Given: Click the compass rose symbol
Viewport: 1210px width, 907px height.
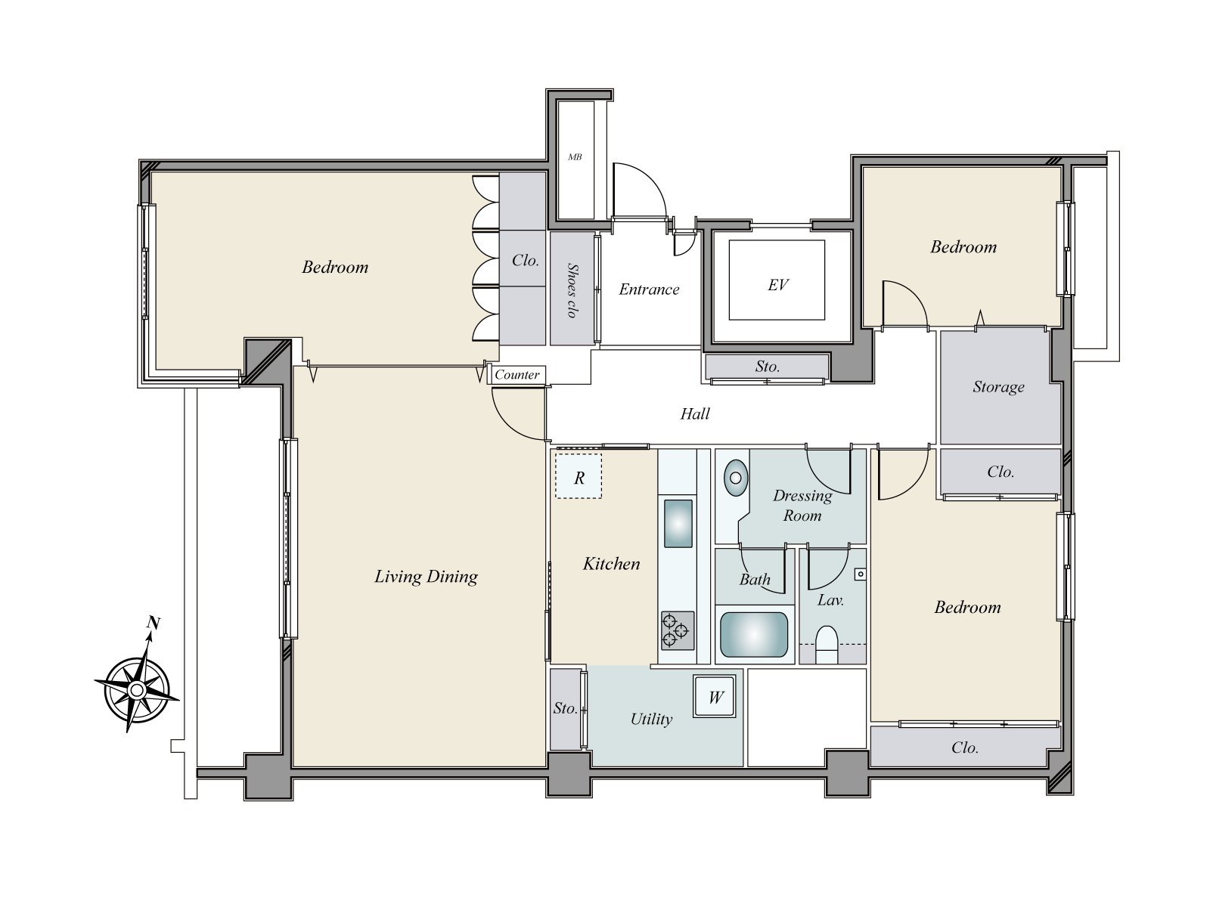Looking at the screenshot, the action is [138, 689].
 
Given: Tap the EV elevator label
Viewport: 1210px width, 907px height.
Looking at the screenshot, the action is [778, 285].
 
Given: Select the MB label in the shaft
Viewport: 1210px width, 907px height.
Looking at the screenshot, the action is [575, 157].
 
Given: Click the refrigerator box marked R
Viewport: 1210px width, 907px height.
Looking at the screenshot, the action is [579, 476].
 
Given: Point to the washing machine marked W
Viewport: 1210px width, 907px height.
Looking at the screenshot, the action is [715, 697].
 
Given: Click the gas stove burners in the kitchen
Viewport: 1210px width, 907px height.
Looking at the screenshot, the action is [678, 630].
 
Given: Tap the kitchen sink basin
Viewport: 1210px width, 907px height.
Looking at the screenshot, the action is [678, 524].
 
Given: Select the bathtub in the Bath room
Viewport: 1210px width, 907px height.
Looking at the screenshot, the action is [754, 634].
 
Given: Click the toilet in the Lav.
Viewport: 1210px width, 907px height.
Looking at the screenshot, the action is [827, 643].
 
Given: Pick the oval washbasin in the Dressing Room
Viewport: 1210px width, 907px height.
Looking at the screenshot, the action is [735, 478].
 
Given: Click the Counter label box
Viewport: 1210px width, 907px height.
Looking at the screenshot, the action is [517, 375].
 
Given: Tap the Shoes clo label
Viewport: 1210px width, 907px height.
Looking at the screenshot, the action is [572, 290].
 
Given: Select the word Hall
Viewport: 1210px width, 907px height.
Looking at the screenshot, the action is [694, 413].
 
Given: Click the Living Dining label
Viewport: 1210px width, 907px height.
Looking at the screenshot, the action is [426, 577].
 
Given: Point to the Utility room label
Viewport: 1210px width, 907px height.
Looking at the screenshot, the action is [651, 719].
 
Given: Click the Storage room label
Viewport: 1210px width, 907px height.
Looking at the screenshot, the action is [998, 387].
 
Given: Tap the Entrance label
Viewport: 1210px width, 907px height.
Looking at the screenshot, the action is [649, 289].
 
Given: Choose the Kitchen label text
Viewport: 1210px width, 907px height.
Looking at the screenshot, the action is [611, 563].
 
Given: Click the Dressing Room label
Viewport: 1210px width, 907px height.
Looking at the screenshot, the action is [802, 506].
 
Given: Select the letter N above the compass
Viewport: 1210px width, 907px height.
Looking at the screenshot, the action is [154, 623].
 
